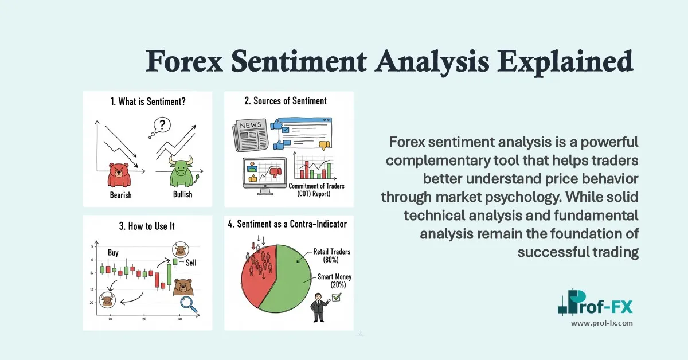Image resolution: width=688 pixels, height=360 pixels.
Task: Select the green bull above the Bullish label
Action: click(x=181, y=173)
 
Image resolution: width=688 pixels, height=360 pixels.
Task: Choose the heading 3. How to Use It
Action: click(x=147, y=226)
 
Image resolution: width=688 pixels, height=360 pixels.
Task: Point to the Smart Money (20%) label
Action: click(x=333, y=280)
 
